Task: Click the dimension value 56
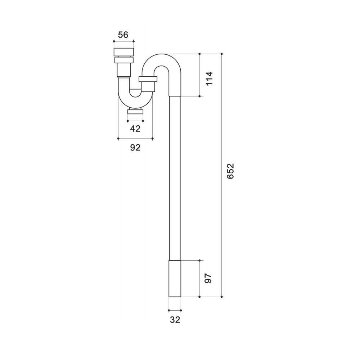point(123,35)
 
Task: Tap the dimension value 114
point(209,78)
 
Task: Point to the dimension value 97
point(208,278)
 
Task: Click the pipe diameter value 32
point(175,320)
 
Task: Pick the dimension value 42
point(135,129)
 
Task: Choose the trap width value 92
point(135,147)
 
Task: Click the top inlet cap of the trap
point(124,52)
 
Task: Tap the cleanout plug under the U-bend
point(135,112)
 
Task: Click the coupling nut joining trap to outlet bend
point(148,79)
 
